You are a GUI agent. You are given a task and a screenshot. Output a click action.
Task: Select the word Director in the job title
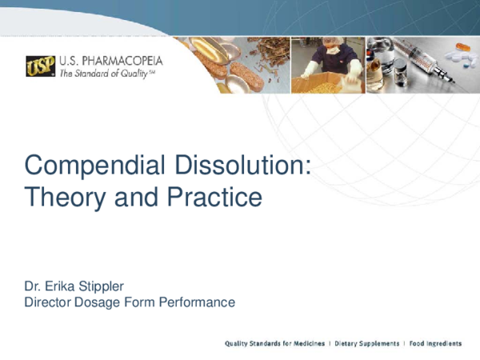click(x=49, y=302)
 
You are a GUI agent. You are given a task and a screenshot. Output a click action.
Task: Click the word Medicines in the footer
click(x=306, y=343)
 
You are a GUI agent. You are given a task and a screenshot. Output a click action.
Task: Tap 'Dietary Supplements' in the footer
click(x=367, y=343)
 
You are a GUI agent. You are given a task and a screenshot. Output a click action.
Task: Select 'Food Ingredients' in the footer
click(x=436, y=343)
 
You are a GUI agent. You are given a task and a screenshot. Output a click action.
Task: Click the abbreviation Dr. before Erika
click(x=33, y=286)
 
